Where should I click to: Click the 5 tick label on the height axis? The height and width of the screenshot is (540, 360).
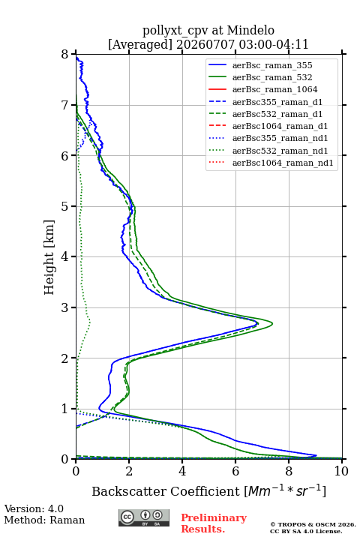coord(65,206)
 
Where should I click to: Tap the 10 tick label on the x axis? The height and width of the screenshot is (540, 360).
coord(341,471)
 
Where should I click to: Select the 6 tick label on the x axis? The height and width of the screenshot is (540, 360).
coord(235,471)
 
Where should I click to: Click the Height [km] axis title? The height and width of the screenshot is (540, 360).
coord(49,257)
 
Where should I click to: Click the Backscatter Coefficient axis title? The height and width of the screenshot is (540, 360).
coord(208,490)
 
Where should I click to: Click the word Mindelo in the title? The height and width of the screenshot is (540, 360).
coord(250,30)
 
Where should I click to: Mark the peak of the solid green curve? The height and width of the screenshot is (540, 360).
coord(272,324)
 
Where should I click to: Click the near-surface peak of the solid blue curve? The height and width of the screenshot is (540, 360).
coord(316,455)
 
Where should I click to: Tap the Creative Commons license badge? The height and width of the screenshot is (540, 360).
coord(144,517)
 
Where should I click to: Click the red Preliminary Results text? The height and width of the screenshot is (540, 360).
coord(214,523)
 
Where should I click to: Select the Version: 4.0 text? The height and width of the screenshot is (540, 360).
coord(34,508)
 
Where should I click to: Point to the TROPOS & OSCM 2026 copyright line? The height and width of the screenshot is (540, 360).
coord(313,524)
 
